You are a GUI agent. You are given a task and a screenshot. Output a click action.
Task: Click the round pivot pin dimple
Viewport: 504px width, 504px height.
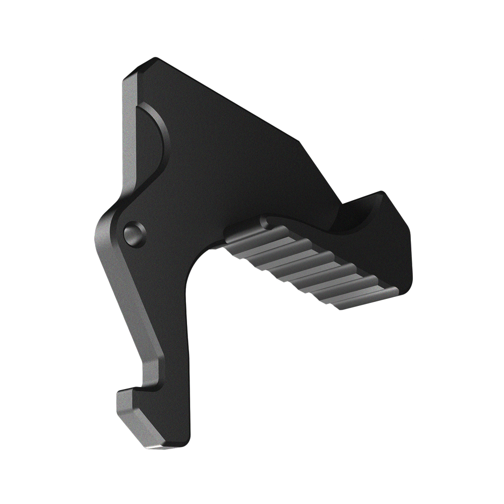[x=135, y=234]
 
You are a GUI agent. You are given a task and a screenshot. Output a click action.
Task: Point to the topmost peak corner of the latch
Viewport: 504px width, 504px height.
[x=154, y=59]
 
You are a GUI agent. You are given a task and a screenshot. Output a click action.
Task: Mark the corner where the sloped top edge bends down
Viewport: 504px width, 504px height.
[x=302, y=141]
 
